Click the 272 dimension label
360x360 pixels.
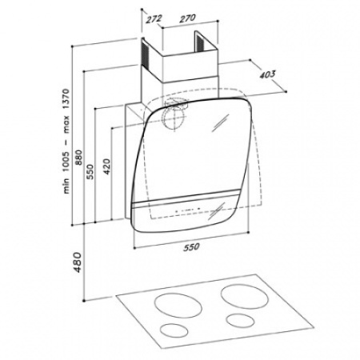point(154,19)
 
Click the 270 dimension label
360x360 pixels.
point(187,18)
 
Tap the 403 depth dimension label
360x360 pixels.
point(267,74)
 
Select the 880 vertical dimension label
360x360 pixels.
point(78,158)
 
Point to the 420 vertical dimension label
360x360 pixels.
point(106,166)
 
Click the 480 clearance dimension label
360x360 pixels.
point(78,262)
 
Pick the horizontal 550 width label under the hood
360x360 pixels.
point(191,247)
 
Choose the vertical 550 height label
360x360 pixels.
point(90,172)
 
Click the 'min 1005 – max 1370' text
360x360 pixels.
point(66,142)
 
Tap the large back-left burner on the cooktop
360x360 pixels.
point(178,306)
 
